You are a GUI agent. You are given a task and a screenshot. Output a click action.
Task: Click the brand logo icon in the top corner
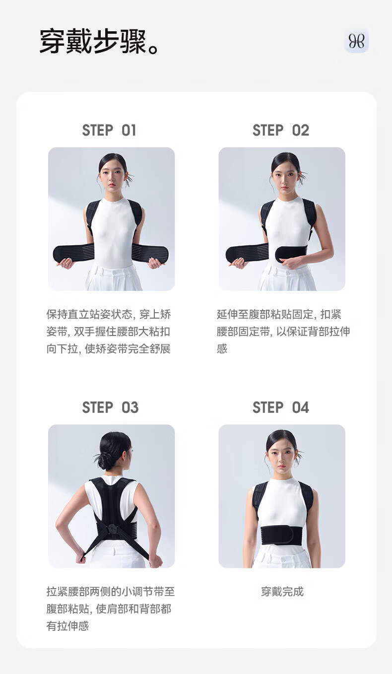click(356, 41)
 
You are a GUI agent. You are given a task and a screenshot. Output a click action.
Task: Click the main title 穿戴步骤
click(93, 42)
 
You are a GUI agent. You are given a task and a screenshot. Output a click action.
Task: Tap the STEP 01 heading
click(109, 131)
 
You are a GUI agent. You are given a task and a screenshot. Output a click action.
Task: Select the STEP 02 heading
click(281, 131)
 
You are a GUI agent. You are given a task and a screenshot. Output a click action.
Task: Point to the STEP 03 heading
click(111, 407)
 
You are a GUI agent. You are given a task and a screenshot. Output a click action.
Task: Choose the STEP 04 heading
click(281, 407)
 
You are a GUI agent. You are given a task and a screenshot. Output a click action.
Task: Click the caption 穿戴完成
click(282, 591)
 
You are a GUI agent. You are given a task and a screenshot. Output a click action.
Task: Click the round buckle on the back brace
click(112, 528)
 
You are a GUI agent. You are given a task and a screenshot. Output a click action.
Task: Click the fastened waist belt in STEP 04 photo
click(281, 536)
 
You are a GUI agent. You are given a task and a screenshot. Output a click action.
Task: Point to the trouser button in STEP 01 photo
click(114, 272)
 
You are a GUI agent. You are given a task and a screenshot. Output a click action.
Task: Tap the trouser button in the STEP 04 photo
click(283, 560)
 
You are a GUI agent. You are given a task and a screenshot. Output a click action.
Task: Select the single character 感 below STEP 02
click(222, 348)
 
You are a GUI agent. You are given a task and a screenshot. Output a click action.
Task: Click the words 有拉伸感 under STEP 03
click(67, 626)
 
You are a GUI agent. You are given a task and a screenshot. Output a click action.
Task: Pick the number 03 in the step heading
click(130, 407)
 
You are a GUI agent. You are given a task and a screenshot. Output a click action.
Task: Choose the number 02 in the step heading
click(301, 131)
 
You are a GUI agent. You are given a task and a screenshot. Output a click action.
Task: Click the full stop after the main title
click(153, 49)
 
